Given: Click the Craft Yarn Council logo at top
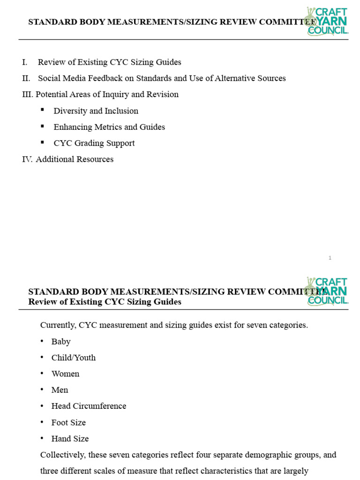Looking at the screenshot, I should coord(328,21).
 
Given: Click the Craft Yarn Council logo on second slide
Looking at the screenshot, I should coord(328,291).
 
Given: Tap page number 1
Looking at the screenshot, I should coord(330,258).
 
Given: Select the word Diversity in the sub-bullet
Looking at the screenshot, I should coord(69,111).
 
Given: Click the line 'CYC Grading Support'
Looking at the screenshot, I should coord(94,143).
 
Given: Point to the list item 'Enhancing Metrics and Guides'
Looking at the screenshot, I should coord(109,127).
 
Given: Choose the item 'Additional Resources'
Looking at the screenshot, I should coord(75,159).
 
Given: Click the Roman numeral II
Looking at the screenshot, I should coord(26,78).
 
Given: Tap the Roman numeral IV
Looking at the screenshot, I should coord(27,159).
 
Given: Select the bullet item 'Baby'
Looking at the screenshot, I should coord(61,342).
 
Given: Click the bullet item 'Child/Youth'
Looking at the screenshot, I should coord(74,358).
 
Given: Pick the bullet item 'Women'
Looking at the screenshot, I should coord(65,374).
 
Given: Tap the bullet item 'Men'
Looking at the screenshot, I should coord(60,390).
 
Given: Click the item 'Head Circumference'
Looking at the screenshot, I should coord(89,406).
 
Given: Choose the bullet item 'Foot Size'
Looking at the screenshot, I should coord(68,422).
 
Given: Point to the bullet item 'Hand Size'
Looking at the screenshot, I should coord(70,439).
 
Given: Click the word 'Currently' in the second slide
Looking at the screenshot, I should coord(58,325).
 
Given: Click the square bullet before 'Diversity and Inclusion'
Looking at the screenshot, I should coord(43,110).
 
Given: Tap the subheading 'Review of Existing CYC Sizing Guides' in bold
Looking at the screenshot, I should coord(105,302).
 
